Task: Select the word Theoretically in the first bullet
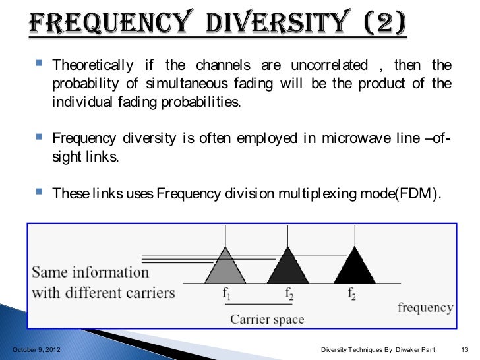[x=91, y=65]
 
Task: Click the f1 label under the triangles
[x=227, y=294]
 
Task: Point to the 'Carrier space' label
[x=267, y=320]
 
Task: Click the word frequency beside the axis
[x=425, y=307]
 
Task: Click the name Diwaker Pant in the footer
[x=415, y=347]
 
